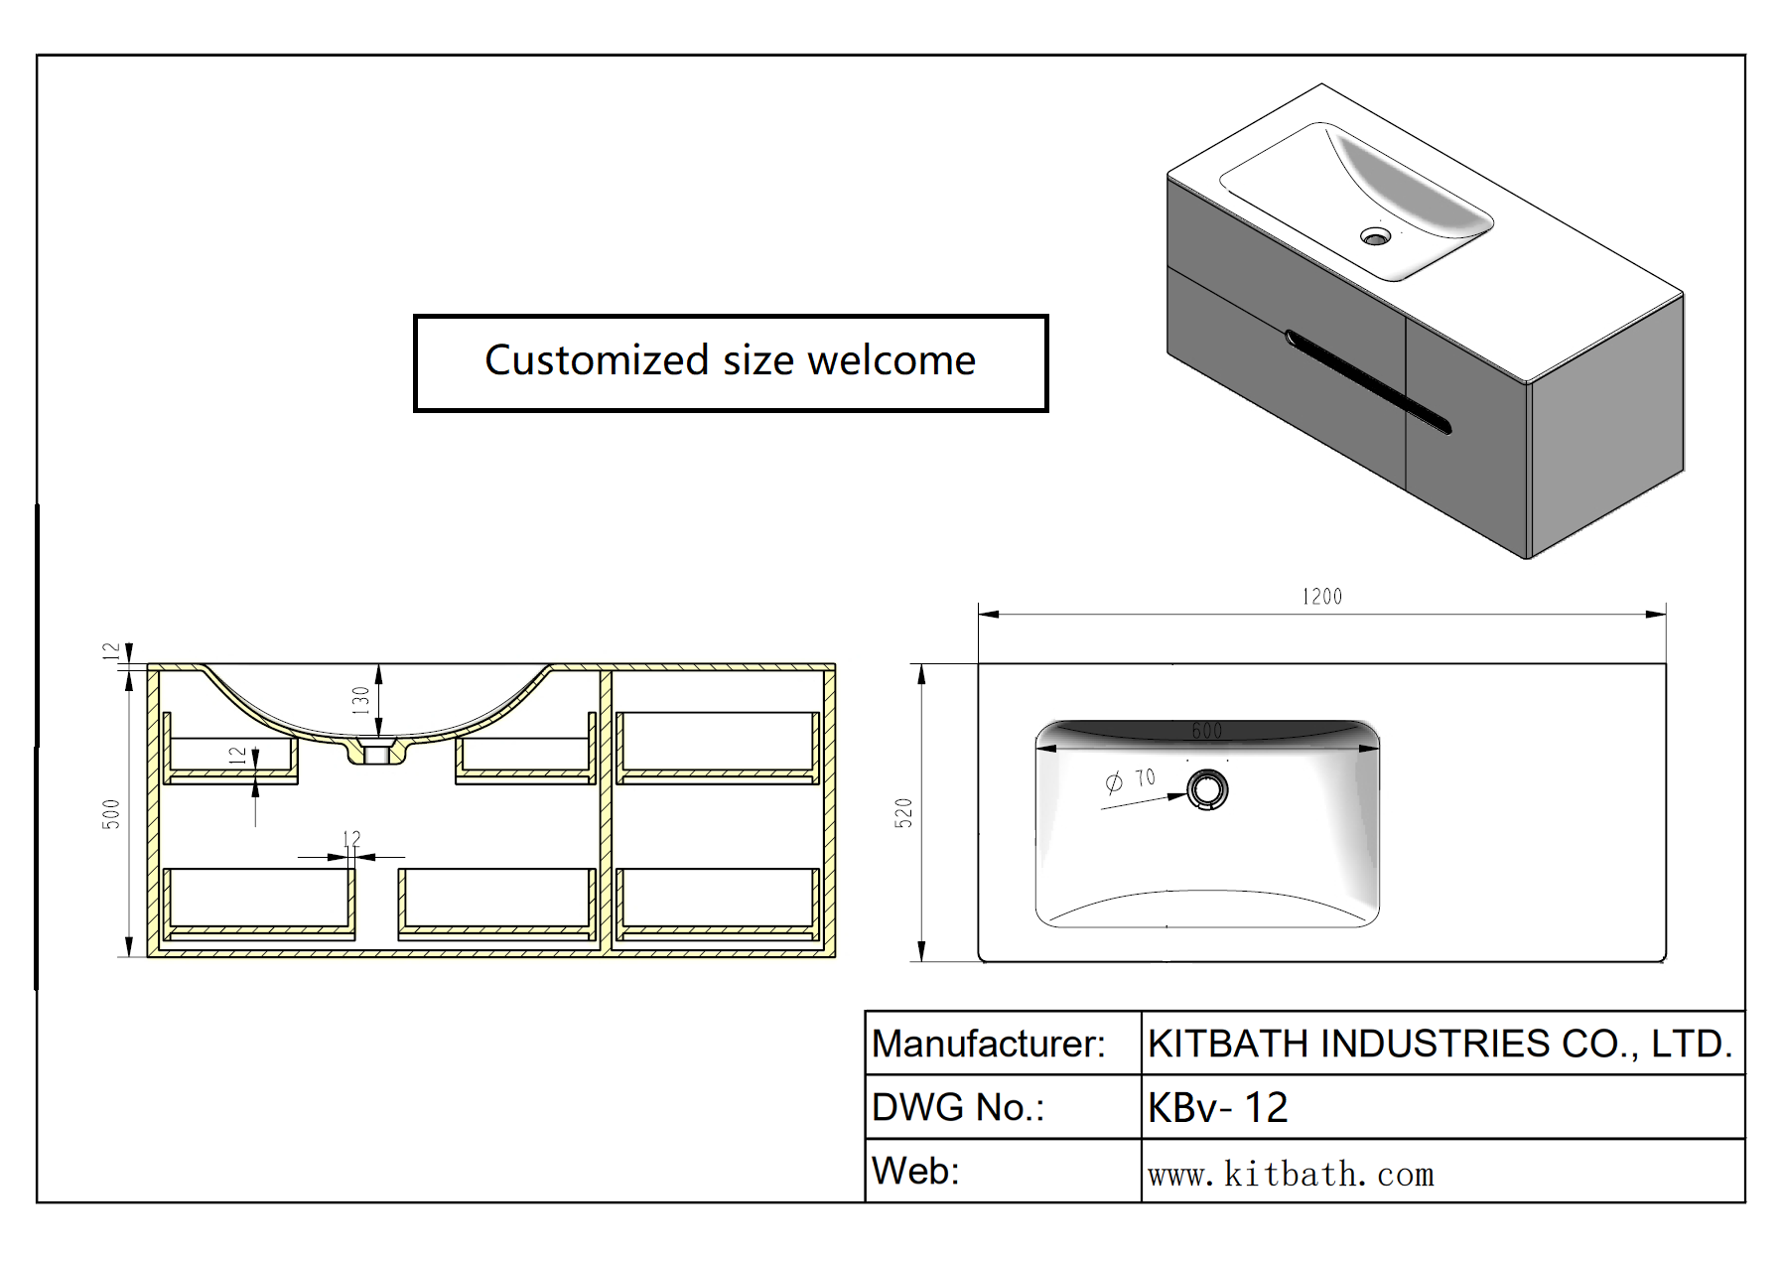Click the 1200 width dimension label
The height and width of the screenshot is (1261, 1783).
(x=1321, y=597)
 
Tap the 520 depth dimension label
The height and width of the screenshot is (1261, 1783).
(x=903, y=813)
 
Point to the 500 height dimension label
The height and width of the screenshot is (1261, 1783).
(x=111, y=813)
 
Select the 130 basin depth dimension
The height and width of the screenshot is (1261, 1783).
(x=361, y=700)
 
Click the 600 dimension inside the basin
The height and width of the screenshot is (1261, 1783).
(x=1206, y=732)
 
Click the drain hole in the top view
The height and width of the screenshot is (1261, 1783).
(x=1207, y=790)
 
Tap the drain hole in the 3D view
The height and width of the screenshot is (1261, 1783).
(x=1375, y=236)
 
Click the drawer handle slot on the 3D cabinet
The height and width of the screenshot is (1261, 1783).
(x=1368, y=381)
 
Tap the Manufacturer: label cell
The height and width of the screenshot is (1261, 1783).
(x=989, y=1044)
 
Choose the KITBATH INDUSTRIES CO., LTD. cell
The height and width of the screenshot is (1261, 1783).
(x=1440, y=1044)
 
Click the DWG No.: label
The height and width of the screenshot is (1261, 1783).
(x=958, y=1107)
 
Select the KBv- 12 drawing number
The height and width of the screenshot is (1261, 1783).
(x=1217, y=1107)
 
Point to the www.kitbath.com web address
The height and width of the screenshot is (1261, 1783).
(x=1291, y=1175)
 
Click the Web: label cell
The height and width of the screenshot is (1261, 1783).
(x=915, y=1172)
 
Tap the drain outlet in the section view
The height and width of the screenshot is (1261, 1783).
(x=376, y=755)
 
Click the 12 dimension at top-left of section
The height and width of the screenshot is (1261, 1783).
(x=111, y=651)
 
